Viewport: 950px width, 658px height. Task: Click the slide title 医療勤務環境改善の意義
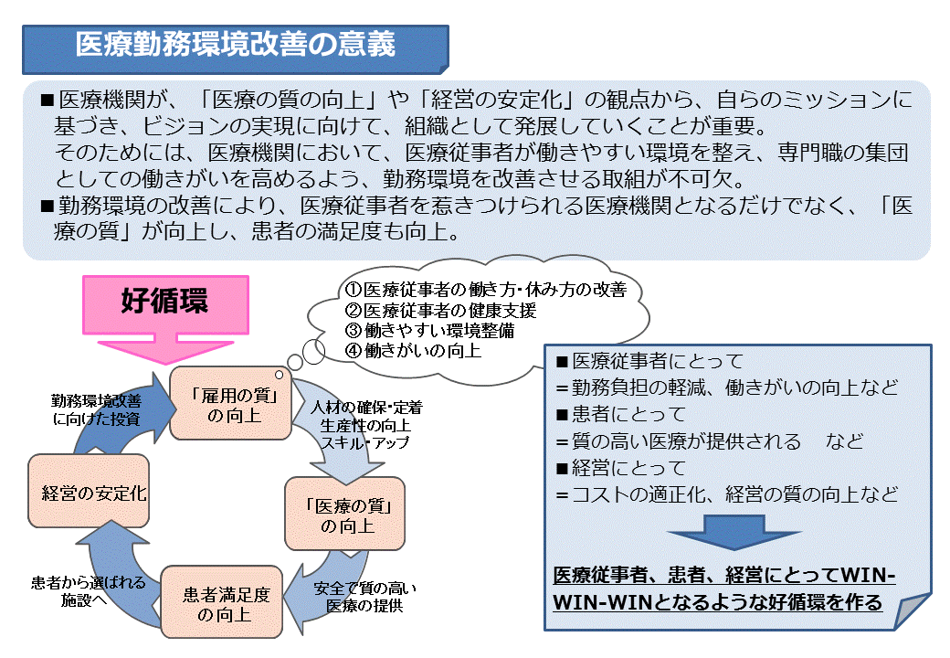click(236, 45)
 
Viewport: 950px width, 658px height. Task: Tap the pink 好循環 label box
click(164, 302)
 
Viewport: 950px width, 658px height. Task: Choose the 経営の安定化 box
click(89, 493)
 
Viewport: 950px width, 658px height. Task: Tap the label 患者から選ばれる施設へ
click(84, 591)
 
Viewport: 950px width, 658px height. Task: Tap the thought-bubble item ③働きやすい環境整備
click(429, 330)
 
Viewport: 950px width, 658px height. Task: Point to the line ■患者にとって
click(620, 414)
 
